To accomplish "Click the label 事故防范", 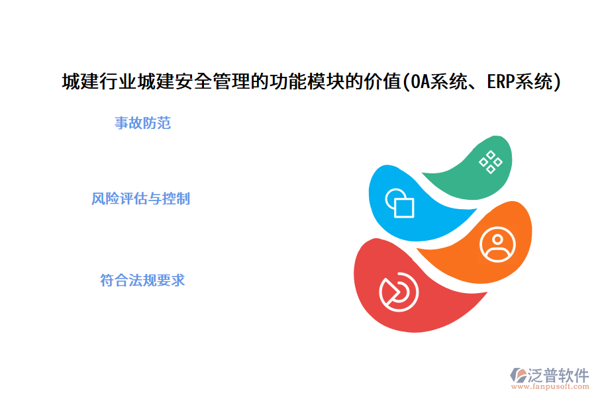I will [x=142, y=123].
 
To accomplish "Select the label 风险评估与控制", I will [x=140, y=198].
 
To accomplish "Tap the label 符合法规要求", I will [x=142, y=280].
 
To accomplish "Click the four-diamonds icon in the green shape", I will [x=490, y=161].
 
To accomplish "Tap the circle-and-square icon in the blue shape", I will [x=399, y=203].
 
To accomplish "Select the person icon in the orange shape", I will [x=497, y=244].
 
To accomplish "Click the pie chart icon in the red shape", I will [x=399, y=290].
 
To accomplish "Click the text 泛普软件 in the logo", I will [x=558, y=375].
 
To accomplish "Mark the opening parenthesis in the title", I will [x=405, y=82].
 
